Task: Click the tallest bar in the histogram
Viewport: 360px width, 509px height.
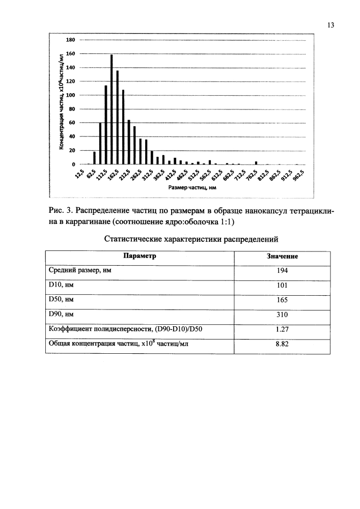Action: tap(112, 109)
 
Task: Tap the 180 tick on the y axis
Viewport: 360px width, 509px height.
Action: tap(71, 40)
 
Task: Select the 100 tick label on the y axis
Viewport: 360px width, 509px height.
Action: tap(71, 95)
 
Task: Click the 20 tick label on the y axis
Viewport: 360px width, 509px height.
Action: tap(72, 151)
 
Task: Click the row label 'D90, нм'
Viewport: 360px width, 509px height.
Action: tap(62, 314)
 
